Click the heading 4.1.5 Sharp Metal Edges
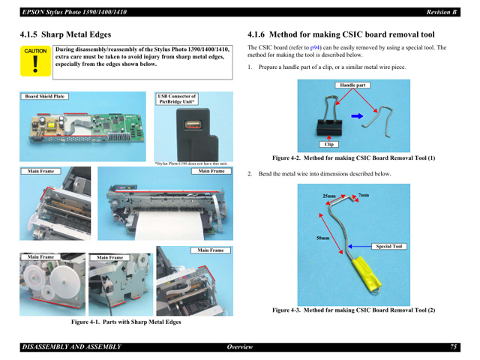(x=66, y=34)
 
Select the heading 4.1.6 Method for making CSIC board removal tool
(x=341, y=34)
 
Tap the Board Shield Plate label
(x=45, y=97)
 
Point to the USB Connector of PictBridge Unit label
(x=176, y=99)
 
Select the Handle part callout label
(x=352, y=85)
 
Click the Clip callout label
(x=328, y=144)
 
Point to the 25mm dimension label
(x=329, y=196)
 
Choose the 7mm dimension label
(x=364, y=196)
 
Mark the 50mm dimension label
(x=323, y=238)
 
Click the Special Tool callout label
(x=389, y=246)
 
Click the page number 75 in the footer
(x=454, y=346)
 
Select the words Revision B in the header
(x=442, y=12)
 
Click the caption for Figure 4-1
(x=126, y=322)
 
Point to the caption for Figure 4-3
(x=353, y=309)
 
